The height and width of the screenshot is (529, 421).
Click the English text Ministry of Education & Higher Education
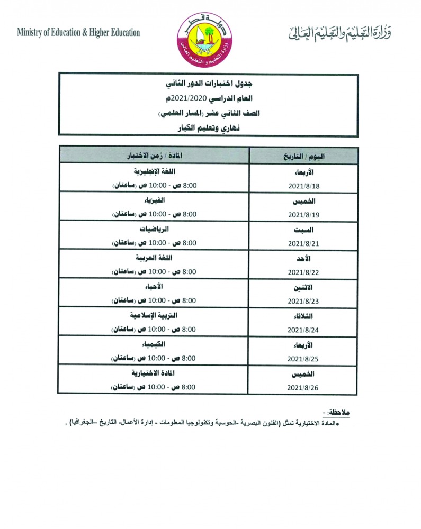coord(78,32)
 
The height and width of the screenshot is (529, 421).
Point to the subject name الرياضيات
coord(154,230)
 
